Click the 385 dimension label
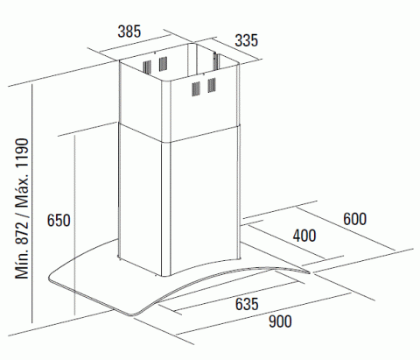pyautogui.click(x=129, y=32)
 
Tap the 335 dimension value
pyautogui.click(x=247, y=40)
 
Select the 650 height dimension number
pyautogui.click(x=59, y=220)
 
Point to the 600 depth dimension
pyautogui.click(x=354, y=219)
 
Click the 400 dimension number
pyautogui.click(x=304, y=236)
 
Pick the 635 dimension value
pyautogui.click(x=247, y=304)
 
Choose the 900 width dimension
pyautogui.click(x=280, y=321)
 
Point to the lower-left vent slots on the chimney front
pyautogui.click(x=196, y=89)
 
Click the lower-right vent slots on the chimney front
pyautogui.click(x=212, y=85)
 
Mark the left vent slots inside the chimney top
pyautogui.click(x=147, y=67)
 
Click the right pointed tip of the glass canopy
pyautogui.click(x=310, y=272)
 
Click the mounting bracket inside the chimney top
pyautogui.click(x=215, y=61)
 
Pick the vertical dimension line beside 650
pyautogui.click(x=75, y=225)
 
